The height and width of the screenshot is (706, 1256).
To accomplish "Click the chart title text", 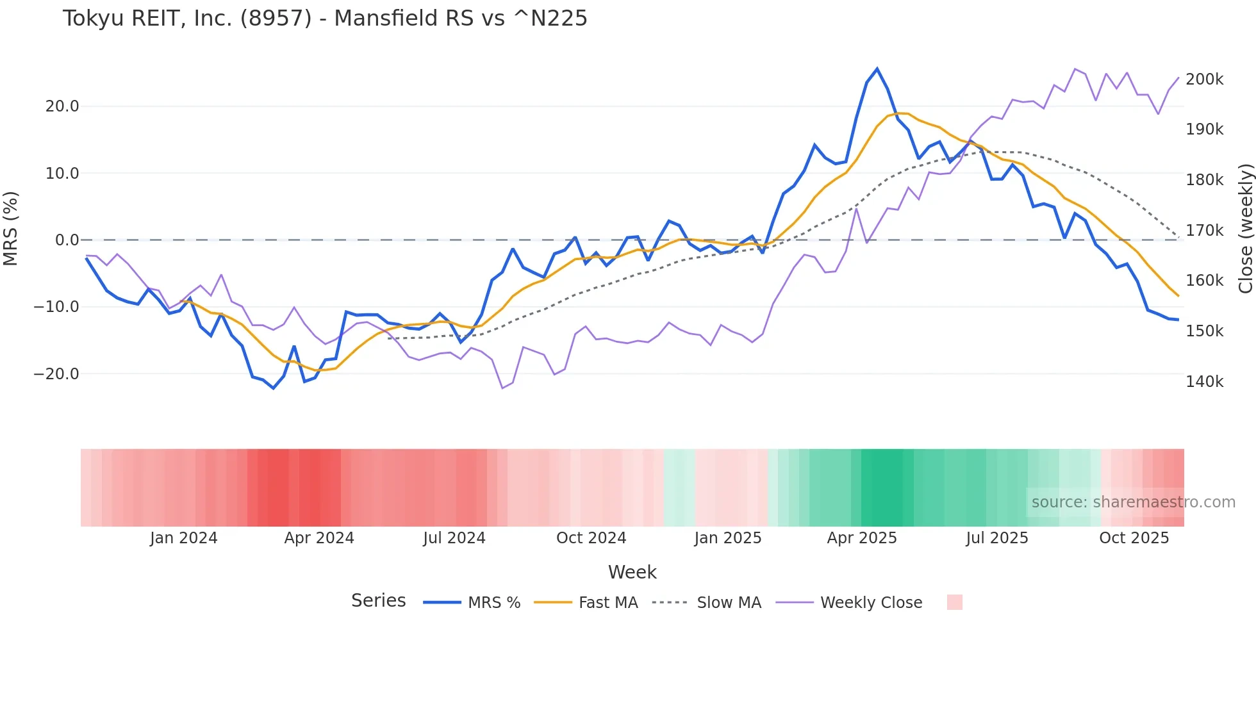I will (x=325, y=19).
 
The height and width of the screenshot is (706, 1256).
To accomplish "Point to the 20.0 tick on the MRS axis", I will (x=62, y=106).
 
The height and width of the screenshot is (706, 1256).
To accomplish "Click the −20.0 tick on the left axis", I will (x=56, y=374).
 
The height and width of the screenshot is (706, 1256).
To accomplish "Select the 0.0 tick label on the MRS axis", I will (x=67, y=240).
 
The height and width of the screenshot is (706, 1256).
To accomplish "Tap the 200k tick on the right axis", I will (x=1204, y=79).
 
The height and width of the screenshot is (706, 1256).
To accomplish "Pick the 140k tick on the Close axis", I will (x=1204, y=382).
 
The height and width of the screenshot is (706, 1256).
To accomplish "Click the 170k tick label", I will (x=1204, y=231).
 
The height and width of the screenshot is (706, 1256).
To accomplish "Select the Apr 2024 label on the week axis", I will (x=319, y=538).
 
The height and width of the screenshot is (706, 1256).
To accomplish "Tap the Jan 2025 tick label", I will (x=727, y=538).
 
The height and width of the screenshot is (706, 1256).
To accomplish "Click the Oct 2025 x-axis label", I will (x=1134, y=538).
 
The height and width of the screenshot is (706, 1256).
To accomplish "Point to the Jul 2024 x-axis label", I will (x=454, y=538).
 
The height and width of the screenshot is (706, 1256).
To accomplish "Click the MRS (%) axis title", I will (x=11, y=229).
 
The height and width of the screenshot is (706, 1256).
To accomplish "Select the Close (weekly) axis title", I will (x=1245, y=229).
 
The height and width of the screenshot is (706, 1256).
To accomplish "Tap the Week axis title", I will (x=632, y=572).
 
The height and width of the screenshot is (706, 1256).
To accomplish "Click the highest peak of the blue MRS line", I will (x=877, y=69).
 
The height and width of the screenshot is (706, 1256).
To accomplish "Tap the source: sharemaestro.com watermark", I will (x=1133, y=502).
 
